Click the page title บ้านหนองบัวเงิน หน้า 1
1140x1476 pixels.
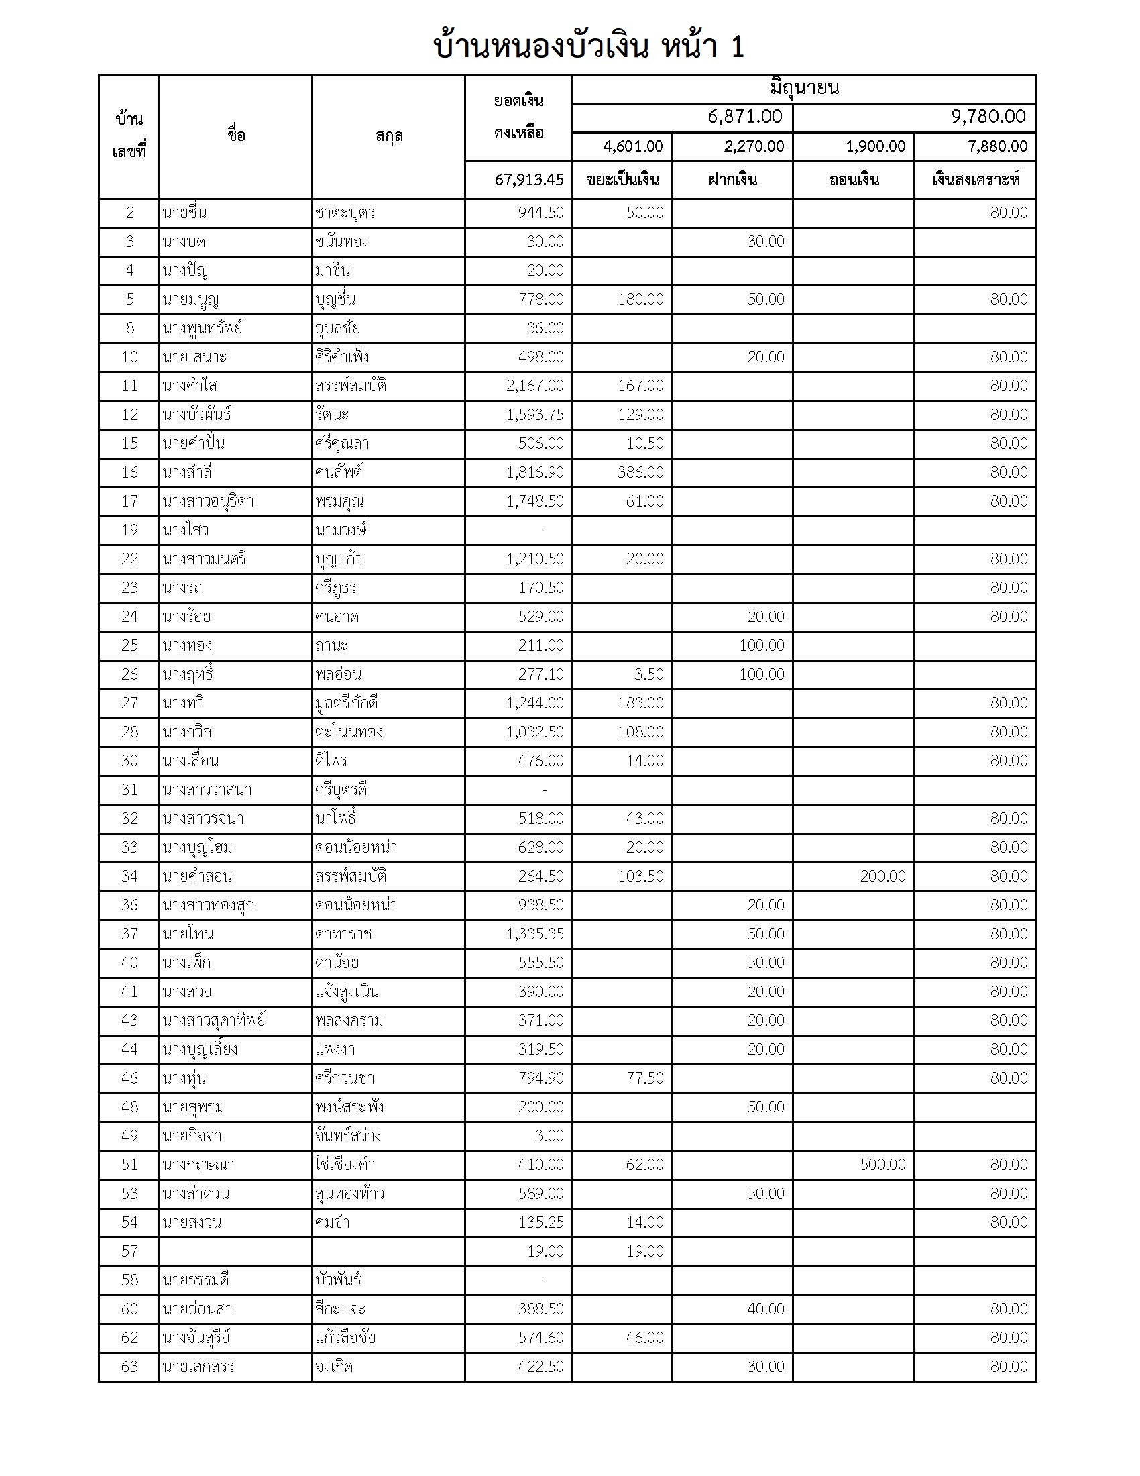(x=588, y=48)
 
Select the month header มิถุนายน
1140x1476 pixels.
(x=803, y=89)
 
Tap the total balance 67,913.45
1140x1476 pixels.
(x=529, y=180)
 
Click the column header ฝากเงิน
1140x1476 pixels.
(x=732, y=180)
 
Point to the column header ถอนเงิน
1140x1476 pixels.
(x=854, y=180)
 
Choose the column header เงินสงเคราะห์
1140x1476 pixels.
(x=975, y=180)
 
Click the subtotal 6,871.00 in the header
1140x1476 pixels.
(x=745, y=117)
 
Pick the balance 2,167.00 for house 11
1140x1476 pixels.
(x=534, y=386)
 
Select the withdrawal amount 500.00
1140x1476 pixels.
(x=882, y=1165)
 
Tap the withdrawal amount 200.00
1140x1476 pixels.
(x=882, y=876)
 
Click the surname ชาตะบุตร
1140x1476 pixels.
(x=345, y=213)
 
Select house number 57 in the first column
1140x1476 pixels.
(x=129, y=1251)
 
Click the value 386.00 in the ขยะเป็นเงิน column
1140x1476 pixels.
(x=640, y=472)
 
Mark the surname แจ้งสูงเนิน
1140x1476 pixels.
(x=347, y=992)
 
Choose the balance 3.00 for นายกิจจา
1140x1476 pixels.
(x=549, y=1135)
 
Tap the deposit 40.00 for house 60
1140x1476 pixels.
(x=765, y=1308)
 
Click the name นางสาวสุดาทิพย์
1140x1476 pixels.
(x=214, y=1020)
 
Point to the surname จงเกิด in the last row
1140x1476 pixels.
(x=334, y=1367)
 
